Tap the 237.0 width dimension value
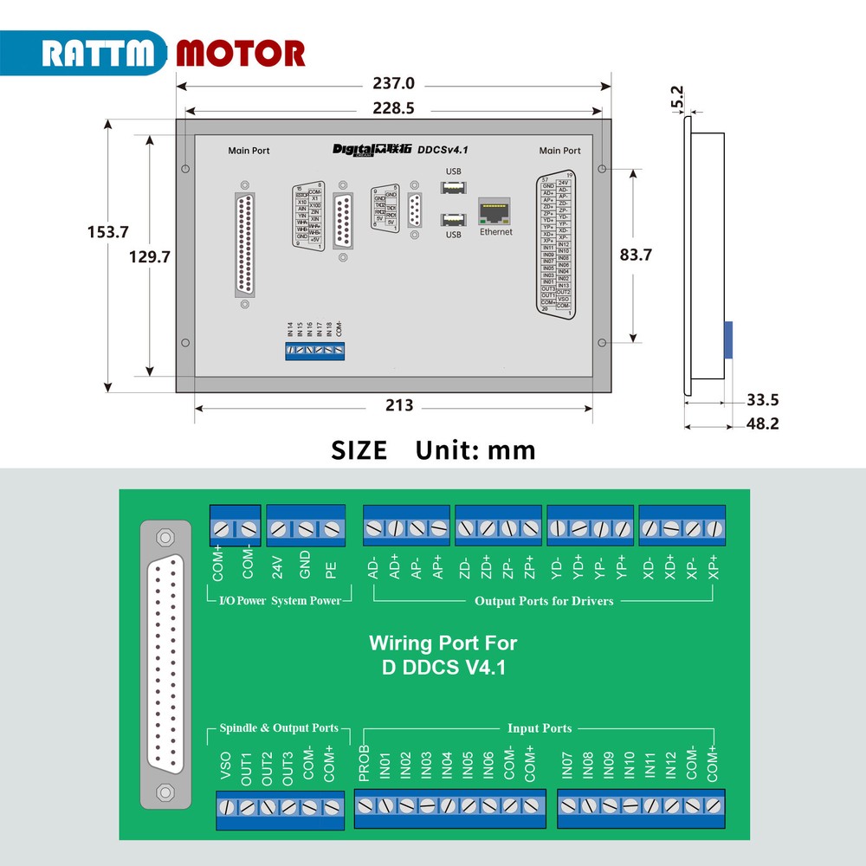(x=394, y=84)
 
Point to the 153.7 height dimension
(x=108, y=232)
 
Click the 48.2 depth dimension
(x=762, y=424)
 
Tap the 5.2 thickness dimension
(x=677, y=95)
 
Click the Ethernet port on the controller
(x=495, y=210)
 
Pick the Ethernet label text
(x=496, y=232)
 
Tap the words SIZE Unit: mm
(x=433, y=450)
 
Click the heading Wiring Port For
(x=443, y=643)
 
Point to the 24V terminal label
(x=278, y=567)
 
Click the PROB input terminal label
(x=365, y=763)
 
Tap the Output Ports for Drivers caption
(x=543, y=601)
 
